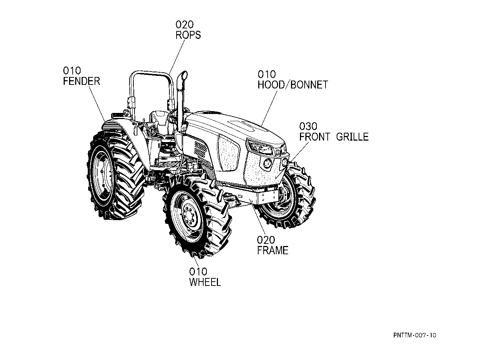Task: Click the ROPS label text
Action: coord(188,35)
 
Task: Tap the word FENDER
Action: coord(81,81)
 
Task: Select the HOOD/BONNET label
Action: coord(292,85)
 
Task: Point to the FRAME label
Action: coord(273,250)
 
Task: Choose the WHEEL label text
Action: coord(205,282)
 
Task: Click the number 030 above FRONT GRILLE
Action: coord(308,126)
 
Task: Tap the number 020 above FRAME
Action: coord(266,240)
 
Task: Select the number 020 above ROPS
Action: coord(185,25)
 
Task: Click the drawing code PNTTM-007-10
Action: coord(415,335)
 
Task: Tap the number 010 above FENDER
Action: coord(72,71)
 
